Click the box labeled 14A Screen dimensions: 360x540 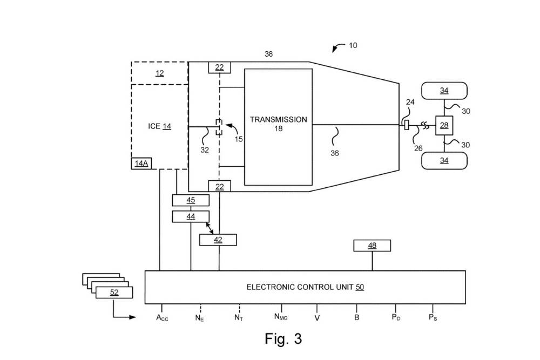pyautogui.click(x=140, y=163)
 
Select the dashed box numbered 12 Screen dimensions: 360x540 pyautogui.click(x=159, y=73)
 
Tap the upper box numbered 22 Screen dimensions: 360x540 pyautogui.click(x=220, y=67)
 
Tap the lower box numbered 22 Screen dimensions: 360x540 pyautogui.click(x=220, y=186)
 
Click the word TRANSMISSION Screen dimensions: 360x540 pyautogui.click(x=278, y=119)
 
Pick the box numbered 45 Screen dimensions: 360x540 pyautogui.click(x=191, y=200)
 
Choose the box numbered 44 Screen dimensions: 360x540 pyautogui.click(x=191, y=216)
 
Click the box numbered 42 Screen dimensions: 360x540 pyautogui.click(x=218, y=240)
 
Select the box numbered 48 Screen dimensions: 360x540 pyautogui.click(x=372, y=246)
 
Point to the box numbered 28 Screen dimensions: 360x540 pyautogui.click(x=444, y=125)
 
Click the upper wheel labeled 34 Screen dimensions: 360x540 pyautogui.click(x=444, y=91)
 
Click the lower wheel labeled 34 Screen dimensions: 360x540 pyautogui.click(x=444, y=160)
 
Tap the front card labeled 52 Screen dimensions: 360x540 pyautogui.click(x=114, y=293)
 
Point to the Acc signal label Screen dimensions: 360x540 pyautogui.click(x=163, y=318)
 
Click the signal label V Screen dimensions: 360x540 pyautogui.click(x=317, y=318)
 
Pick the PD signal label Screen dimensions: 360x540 pyautogui.click(x=396, y=318)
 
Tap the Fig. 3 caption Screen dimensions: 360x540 pyautogui.click(x=283, y=339)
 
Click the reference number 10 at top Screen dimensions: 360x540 pyautogui.click(x=353, y=45)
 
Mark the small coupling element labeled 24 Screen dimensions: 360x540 pyautogui.click(x=406, y=126)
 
